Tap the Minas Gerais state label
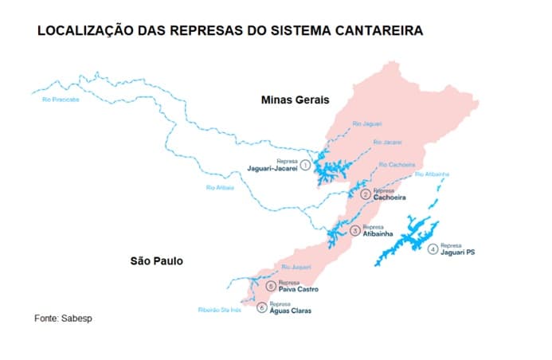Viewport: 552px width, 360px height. (296, 100)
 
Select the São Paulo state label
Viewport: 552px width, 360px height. (157, 260)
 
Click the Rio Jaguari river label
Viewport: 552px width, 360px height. (367, 124)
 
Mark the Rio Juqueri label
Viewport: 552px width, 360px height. (295, 267)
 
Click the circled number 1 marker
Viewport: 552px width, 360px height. (304, 164)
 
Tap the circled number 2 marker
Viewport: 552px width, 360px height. (365, 194)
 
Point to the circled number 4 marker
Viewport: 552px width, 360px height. (433, 249)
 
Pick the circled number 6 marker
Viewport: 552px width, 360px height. (261, 307)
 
